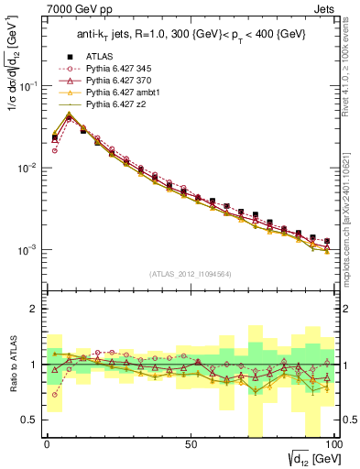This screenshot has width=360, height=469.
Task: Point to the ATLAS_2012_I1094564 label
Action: click(x=191, y=273)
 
